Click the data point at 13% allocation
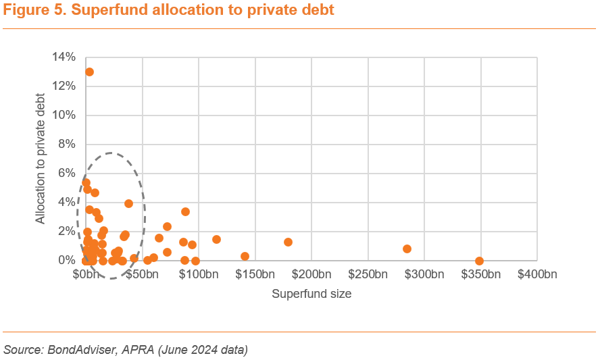(89, 72)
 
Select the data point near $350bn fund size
(479, 261)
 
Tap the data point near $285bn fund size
(407, 249)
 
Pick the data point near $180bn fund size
(288, 242)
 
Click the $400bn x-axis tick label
(537, 274)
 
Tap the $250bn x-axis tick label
(368, 274)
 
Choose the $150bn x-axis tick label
(255, 274)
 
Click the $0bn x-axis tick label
(85, 274)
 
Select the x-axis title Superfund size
(312, 294)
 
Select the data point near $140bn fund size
(245, 256)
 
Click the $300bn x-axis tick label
(424, 274)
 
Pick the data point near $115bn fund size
(216, 239)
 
